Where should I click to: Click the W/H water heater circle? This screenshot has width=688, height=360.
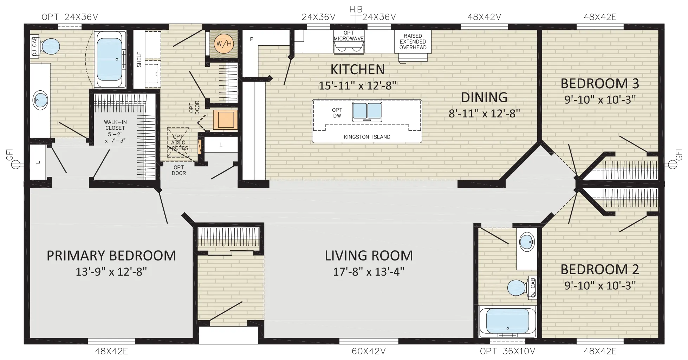[224, 44]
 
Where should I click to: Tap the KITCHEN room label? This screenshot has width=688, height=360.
[357, 70]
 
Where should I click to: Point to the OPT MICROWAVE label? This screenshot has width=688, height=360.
[349, 36]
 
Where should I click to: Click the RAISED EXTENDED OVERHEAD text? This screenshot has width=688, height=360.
[413, 41]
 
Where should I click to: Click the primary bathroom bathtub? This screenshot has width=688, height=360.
[111, 59]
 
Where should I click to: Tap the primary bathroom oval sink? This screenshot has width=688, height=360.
[40, 101]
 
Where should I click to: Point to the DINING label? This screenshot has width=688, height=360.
[484, 97]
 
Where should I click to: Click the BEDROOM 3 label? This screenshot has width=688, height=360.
[600, 84]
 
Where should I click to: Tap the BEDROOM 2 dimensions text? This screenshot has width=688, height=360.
[600, 285]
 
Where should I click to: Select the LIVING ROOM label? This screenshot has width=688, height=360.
[369, 256]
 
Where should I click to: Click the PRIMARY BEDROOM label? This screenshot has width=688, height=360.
[111, 256]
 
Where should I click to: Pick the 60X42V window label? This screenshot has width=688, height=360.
[369, 351]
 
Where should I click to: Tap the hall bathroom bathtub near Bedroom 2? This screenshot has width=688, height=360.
[507, 321]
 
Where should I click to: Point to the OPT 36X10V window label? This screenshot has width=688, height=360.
[507, 351]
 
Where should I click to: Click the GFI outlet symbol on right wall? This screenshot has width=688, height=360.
[673, 164]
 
